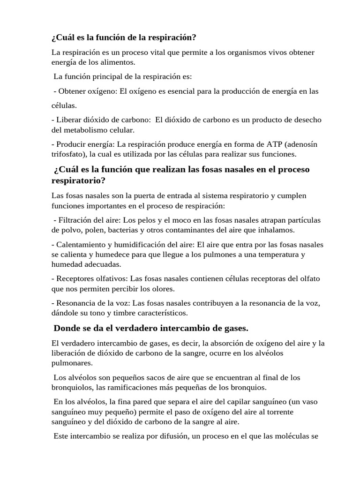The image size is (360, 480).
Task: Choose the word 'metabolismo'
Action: coord(86,129)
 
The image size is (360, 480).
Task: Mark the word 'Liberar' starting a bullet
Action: coord(70,120)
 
